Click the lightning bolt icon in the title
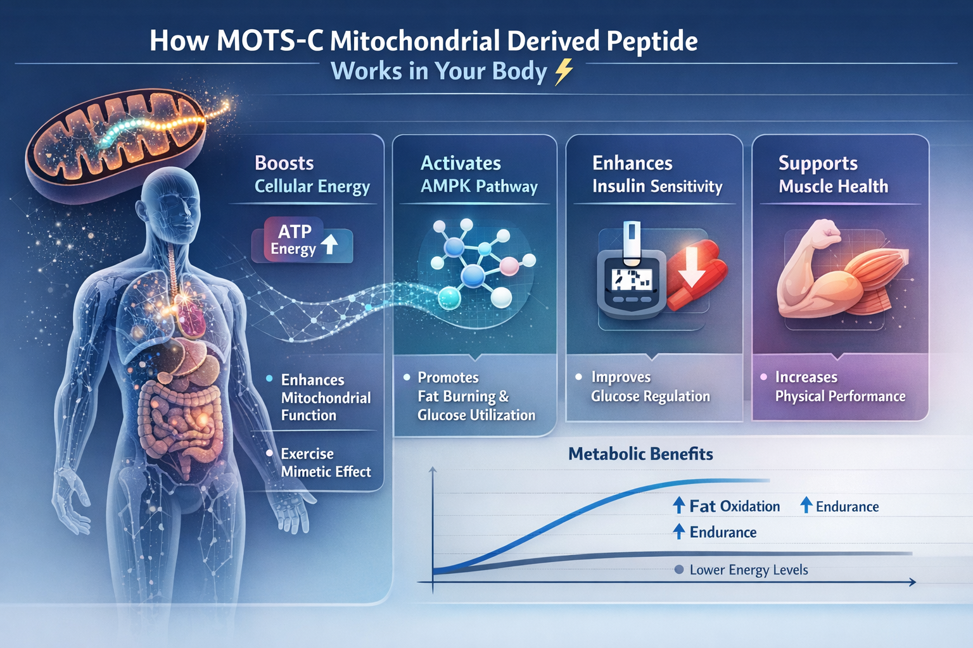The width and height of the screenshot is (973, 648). (563, 72)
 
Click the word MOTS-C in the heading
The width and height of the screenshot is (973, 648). (269, 41)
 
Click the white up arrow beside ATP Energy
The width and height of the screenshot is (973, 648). (329, 244)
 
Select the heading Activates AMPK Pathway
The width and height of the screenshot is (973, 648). (478, 175)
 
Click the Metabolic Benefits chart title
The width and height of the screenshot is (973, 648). (640, 454)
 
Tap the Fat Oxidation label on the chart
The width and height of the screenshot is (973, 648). (734, 506)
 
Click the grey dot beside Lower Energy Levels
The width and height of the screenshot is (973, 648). (679, 570)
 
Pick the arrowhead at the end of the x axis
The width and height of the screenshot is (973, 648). (912, 582)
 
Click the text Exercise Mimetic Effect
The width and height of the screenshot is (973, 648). (325, 463)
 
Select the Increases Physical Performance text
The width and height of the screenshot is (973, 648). (839, 387)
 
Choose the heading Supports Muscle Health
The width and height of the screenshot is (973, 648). (833, 175)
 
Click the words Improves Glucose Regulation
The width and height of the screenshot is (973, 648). (650, 387)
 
